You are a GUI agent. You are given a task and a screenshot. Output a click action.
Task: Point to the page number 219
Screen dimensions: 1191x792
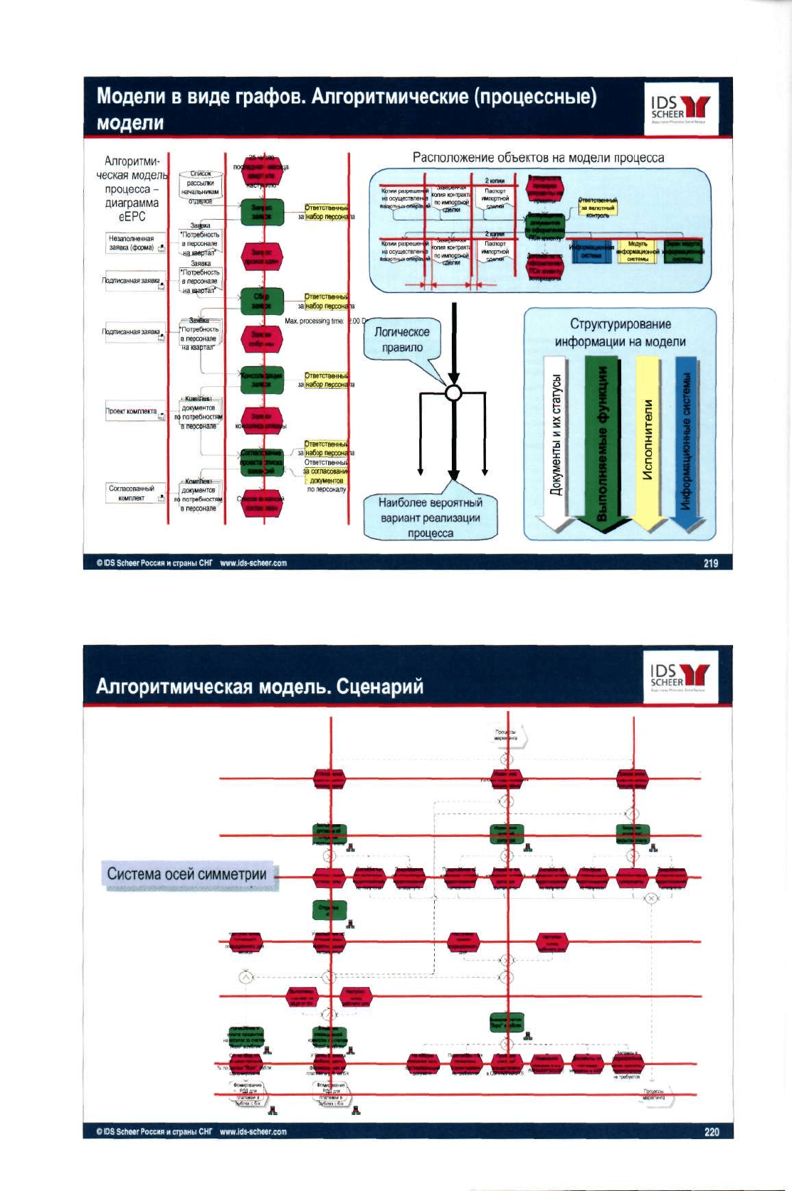tap(710, 563)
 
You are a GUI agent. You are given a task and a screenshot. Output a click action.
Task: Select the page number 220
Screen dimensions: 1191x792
tap(712, 1131)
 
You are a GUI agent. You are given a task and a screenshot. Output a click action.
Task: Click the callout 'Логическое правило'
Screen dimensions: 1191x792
tap(402, 340)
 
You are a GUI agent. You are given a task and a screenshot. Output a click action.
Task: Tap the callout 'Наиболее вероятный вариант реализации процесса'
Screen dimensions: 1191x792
tap(431, 518)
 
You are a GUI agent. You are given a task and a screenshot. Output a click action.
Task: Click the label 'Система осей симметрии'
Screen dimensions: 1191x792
tap(186, 874)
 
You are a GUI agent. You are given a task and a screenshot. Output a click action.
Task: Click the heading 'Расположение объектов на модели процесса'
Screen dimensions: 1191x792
tap(538, 158)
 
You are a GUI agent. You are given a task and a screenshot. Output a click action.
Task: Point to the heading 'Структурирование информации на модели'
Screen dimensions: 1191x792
tap(620, 333)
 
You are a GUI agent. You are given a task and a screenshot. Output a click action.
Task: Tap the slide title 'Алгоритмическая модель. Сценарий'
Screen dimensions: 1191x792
tap(259, 686)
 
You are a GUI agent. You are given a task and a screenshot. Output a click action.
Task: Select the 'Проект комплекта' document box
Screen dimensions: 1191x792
tap(134, 412)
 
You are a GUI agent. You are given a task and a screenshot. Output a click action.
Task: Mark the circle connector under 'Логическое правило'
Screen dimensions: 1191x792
tap(453, 392)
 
